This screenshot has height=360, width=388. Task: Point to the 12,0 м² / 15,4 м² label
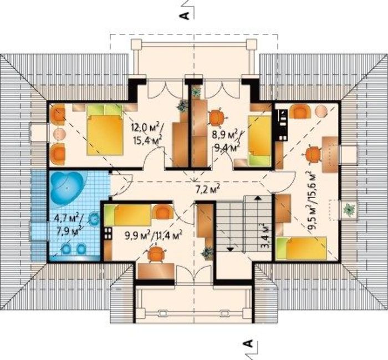147,133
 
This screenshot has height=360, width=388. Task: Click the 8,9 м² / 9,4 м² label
226,140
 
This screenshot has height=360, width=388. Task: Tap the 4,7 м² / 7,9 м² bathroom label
68,225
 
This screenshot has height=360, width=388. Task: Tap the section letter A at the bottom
248,343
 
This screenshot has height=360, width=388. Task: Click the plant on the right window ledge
349,210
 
